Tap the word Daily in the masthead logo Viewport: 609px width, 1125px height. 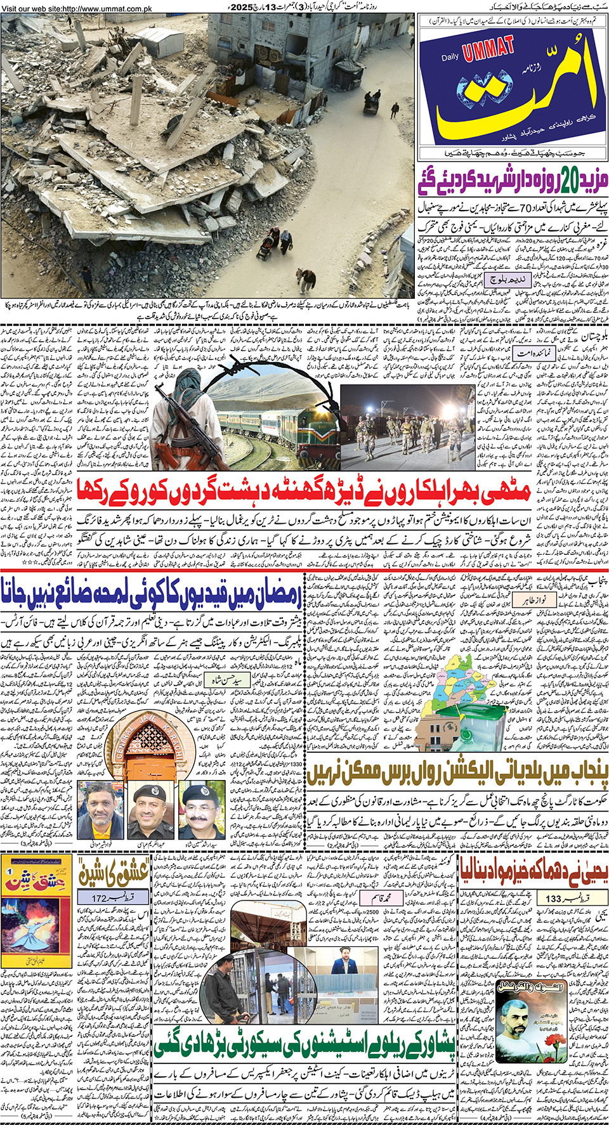pyautogui.click(x=450, y=58)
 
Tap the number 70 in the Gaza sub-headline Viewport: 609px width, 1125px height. pyautogui.click(x=524, y=207)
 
